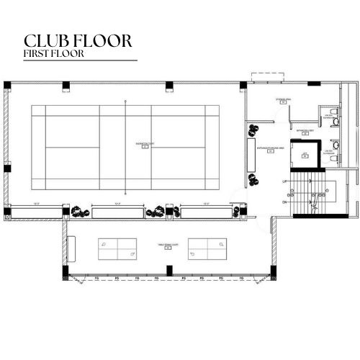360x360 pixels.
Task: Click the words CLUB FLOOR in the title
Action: tap(78, 40)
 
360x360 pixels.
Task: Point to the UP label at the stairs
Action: tap(285, 181)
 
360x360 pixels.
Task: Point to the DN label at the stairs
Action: tap(285, 202)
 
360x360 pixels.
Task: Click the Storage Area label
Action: tap(283, 101)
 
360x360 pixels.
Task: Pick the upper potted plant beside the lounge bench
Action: tap(253, 130)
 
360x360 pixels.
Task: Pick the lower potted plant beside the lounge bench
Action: tap(253, 179)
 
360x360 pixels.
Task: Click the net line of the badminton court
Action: tap(125, 148)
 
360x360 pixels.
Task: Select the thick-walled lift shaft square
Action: tap(305, 153)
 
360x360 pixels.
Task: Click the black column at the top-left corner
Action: tap(7, 85)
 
